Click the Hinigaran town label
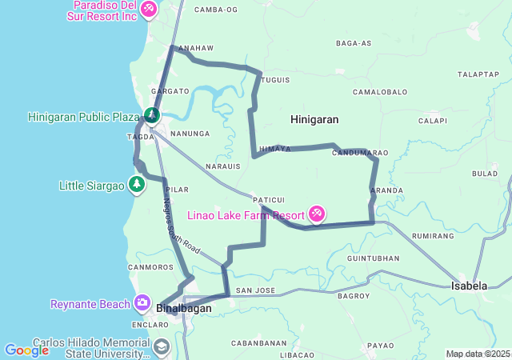314,119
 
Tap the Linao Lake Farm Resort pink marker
317,214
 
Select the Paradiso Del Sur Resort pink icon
148,9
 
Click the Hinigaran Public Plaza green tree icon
150,117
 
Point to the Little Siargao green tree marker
137,186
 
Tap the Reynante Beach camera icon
142,302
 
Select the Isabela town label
470,286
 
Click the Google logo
26,350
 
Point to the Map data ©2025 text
478,354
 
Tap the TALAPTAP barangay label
478,74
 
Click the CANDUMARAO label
360,152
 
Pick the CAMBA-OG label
216,10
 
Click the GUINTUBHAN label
374,258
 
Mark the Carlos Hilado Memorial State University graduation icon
162,346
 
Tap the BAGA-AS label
354,42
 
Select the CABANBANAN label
261,342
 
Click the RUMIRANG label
433,236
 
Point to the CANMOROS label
150,266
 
